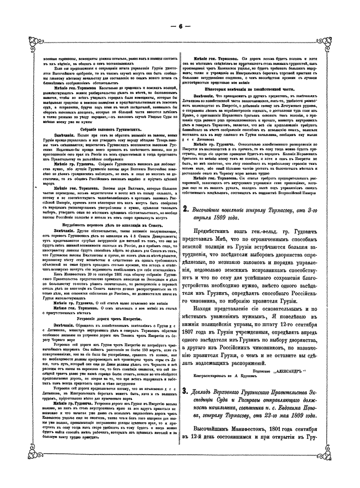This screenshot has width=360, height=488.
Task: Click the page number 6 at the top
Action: pyautogui.click(x=180, y=25)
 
